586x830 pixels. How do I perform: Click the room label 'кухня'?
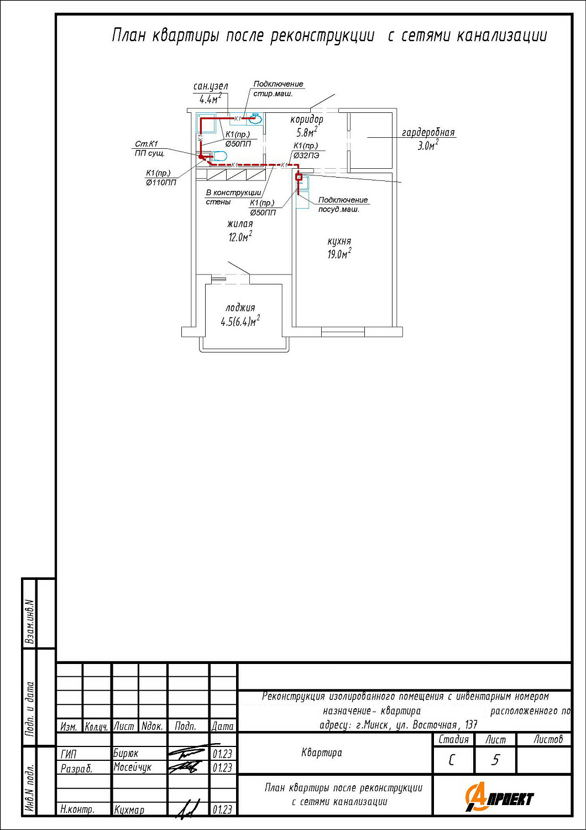pos(339,242)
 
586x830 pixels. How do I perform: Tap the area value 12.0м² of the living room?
pos(240,236)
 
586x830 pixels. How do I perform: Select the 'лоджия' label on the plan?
pos(240,308)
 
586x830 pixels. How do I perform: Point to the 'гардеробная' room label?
pos(428,132)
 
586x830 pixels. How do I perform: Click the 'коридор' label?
pos(306,120)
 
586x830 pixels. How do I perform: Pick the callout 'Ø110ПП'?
pos(161,182)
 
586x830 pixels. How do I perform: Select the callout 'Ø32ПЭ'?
pos(306,155)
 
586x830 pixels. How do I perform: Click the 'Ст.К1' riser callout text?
pos(146,144)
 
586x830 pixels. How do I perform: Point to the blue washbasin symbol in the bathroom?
pos(255,118)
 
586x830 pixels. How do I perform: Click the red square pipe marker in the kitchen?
pos(299,177)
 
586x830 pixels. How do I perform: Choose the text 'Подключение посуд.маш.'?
pos(343,205)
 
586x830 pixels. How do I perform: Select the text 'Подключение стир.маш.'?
pos(278,89)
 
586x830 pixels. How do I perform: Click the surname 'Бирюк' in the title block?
pos(126,753)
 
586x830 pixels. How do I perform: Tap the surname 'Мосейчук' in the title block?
pos(133,766)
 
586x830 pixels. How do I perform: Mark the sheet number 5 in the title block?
pos(495,760)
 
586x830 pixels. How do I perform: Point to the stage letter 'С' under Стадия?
pos(451,760)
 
